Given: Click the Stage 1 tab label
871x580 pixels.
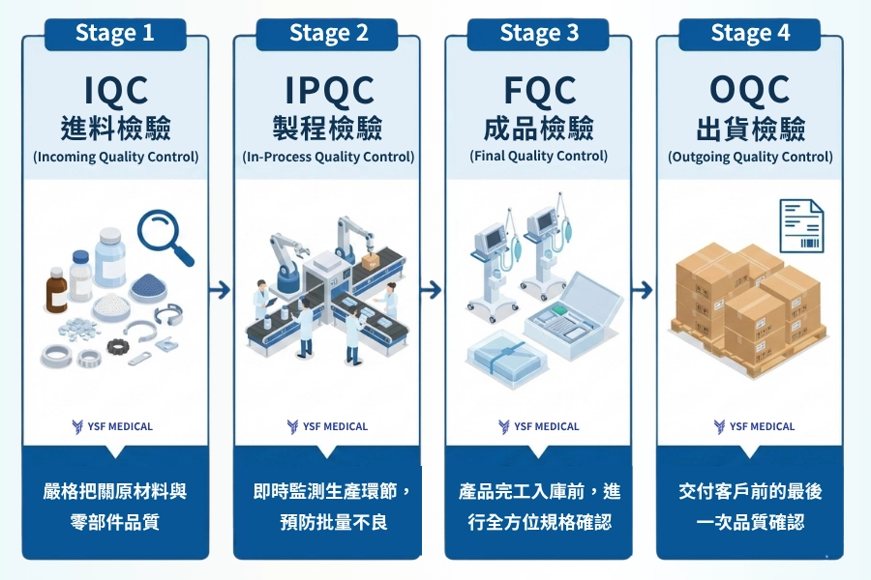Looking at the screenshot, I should pos(114,33).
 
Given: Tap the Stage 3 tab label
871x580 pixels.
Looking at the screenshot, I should pos(538,33).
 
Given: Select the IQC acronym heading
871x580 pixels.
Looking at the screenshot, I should pos(115,91).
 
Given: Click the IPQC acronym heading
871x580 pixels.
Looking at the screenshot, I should pos(328,91).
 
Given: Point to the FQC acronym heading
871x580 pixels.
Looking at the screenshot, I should pos(539,91).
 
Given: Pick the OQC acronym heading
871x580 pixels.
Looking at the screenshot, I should pos(750,91).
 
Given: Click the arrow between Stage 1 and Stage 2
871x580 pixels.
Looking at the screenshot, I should pos(221,289).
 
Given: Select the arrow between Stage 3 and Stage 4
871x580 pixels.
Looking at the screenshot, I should pos(644,289).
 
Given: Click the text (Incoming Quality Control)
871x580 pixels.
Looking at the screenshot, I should pos(115,157).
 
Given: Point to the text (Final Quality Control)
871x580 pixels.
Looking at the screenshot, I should pos(539,156).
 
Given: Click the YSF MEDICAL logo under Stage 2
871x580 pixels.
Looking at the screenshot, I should pos(327,426).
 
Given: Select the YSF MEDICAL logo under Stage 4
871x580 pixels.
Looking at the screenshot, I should pos(750,426).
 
